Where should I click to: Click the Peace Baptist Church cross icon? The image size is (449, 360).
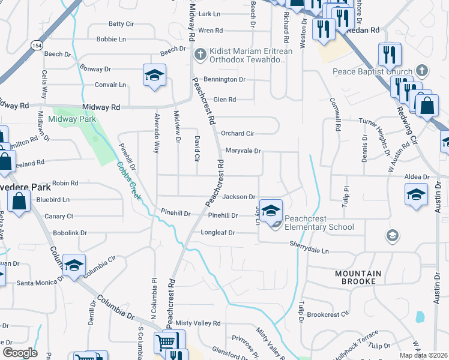(x=423, y=71)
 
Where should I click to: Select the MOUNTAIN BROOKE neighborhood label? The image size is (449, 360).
(x=358, y=277)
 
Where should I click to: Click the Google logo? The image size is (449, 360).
(x=19, y=352)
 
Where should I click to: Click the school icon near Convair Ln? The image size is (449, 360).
(x=154, y=76)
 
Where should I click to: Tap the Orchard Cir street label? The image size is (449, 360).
(x=238, y=133)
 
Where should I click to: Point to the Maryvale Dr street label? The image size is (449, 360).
(x=243, y=151)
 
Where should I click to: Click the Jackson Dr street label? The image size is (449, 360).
(x=240, y=197)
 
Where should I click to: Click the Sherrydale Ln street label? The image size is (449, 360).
(x=310, y=247)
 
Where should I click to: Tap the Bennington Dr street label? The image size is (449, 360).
(x=224, y=79)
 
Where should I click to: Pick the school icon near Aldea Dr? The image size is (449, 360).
(x=416, y=195)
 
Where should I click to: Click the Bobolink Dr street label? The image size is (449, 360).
(x=70, y=233)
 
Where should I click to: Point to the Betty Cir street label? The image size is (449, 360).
(x=121, y=24)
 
